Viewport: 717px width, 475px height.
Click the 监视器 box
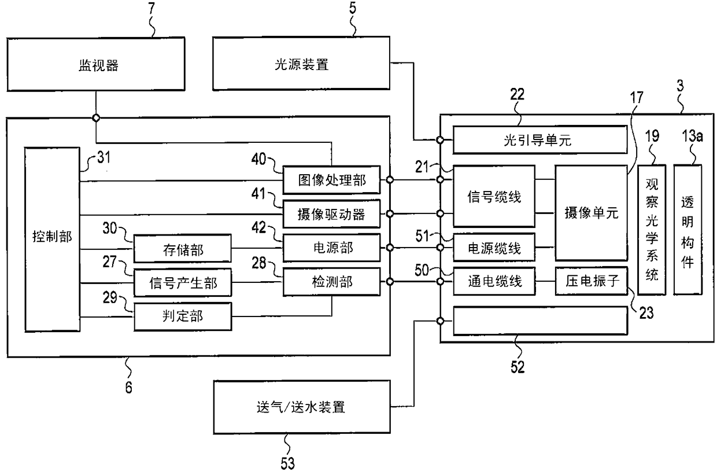(x=96, y=64)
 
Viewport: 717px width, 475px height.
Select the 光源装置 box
(x=301, y=64)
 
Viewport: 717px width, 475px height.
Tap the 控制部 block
(x=53, y=240)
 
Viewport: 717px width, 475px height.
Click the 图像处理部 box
(x=332, y=180)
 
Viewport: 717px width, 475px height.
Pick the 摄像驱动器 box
(x=332, y=214)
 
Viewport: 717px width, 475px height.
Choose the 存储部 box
(x=183, y=249)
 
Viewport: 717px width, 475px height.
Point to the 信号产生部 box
(x=183, y=283)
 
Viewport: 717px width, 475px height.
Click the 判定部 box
(x=183, y=317)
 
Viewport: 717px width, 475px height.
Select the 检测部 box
(x=332, y=282)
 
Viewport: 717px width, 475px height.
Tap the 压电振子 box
(x=591, y=281)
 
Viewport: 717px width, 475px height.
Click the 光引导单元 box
(x=540, y=139)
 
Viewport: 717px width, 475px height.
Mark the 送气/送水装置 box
(x=302, y=407)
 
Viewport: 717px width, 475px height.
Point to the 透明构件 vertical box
(x=688, y=230)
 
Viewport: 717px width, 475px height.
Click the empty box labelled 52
(x=540, y=321)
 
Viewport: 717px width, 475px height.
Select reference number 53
(x=287, y=463)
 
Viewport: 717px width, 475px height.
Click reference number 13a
(x=692, y=137)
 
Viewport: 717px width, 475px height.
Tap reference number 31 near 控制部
(x=104, y=157)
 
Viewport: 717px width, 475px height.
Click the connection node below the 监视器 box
(x=96, y=118)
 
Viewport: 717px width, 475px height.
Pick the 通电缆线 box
(x=494, y=281)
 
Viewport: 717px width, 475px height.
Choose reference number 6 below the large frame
(x=128, y=388)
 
